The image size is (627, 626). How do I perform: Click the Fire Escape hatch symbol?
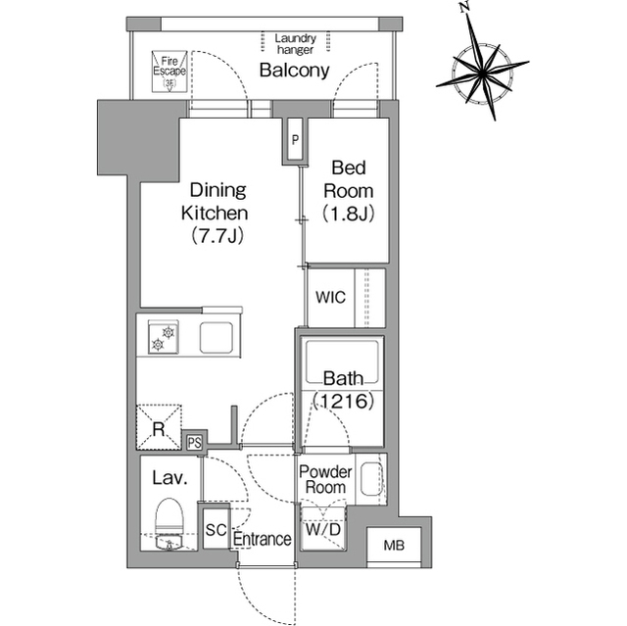click(169, 72)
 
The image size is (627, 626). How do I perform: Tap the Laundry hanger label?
click(296, 44)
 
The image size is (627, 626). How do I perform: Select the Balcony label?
click(294, 71)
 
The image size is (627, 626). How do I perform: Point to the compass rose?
click(483, 72)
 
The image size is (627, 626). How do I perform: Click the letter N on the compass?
click(463, 7)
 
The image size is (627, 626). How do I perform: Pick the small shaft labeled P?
click(295, 140)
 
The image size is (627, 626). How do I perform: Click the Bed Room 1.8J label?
click(349, 191)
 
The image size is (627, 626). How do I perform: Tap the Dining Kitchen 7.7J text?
click(216, 213)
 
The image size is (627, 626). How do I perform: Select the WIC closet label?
click(330, 298)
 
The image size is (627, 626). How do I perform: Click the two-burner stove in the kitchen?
click(164, 337)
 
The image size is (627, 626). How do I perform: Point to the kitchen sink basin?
click(217, 337)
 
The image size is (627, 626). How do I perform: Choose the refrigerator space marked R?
click(159, 427)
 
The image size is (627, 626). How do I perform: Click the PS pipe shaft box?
click(194, 443)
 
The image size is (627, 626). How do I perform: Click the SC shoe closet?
click(216, 530)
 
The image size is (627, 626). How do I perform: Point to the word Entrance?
click(262, 539)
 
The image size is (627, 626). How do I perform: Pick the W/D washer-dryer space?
click(323, 529)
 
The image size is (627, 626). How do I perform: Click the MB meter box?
click(394, 545)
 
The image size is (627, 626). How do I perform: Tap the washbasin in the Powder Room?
click(371, 479)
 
